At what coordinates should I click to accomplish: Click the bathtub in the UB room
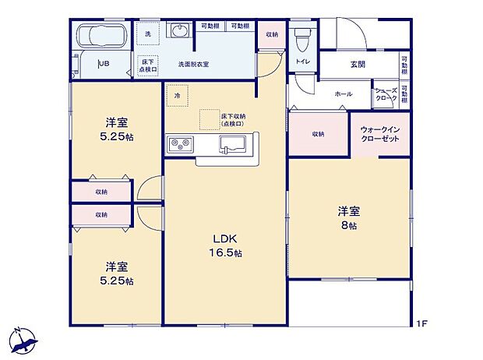[x=102, y=37]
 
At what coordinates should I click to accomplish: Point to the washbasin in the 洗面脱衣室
[x=179, y=32]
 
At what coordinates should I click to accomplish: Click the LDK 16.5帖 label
[x=226, y=245]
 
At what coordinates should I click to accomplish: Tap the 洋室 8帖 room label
[x=347, y=217]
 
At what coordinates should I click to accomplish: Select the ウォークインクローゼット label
[x=380, y=132]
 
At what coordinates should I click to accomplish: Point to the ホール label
[x=343, y=94]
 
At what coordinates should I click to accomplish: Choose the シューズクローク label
[x=386, y=94]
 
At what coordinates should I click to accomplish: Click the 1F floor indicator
[x=421, y=323]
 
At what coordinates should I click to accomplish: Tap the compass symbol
[x=23, y=339]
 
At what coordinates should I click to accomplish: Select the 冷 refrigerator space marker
[x=178, y=95]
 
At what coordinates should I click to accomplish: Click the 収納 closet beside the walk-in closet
[x=319, y=134]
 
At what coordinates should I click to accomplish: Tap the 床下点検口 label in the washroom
[x=148, y=65]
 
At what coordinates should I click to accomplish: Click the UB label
[x=103, y=65]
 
